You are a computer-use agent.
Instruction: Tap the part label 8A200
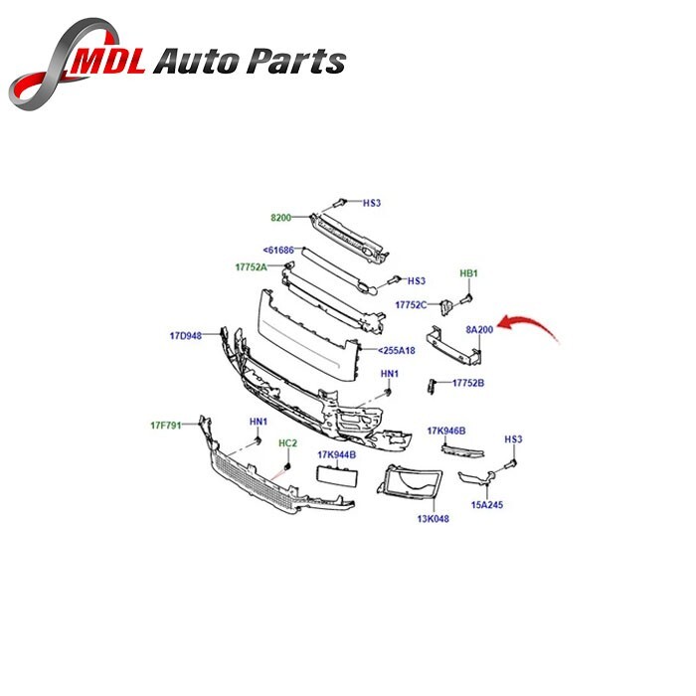pos(479,330)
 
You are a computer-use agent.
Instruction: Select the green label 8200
pos(281,218)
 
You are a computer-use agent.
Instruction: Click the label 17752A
pos(252,267)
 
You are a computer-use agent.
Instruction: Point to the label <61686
pos(278,251)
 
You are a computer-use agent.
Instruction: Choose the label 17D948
pos(186,336)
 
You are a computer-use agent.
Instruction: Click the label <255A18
pos(397,351)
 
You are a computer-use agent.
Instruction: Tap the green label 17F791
pos(166,426)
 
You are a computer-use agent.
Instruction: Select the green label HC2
pos(287,443)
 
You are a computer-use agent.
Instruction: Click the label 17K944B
pos(336,455)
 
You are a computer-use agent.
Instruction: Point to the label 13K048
pos(434,518)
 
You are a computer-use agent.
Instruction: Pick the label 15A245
pos(487,505)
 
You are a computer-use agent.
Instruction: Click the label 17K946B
pos(446,431)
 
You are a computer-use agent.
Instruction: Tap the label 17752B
pos(468,383)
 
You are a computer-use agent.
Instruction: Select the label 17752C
pos(411,305)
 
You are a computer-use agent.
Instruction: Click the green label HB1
pos(468,273)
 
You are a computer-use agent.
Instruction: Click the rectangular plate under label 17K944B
pos(337,476)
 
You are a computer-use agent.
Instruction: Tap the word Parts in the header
pos(296,61)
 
